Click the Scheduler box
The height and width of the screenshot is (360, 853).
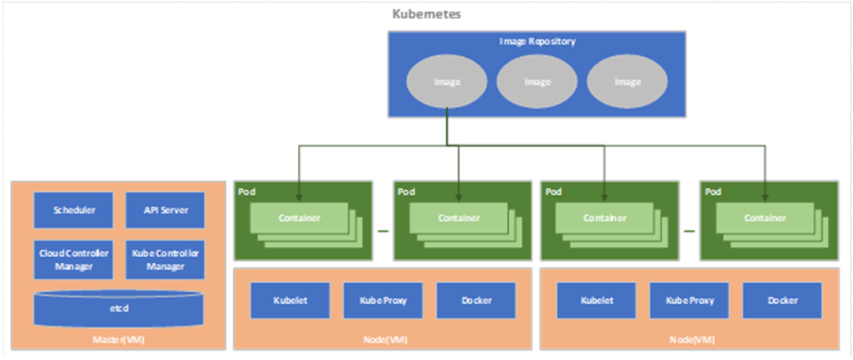[73, 210]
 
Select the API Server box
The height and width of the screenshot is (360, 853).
[165, 210]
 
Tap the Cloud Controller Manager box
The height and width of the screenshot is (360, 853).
[73, 260]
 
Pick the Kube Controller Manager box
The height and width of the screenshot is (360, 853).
[165, 260]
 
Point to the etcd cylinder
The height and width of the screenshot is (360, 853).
[118, 308]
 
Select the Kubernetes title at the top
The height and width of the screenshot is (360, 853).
[427, 14]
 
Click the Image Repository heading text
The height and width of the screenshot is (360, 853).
[537, 40]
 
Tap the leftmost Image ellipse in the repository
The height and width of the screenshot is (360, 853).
[447, 82]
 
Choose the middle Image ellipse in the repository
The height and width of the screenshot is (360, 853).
[537, 82]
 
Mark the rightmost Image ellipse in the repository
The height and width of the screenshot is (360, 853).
[627, 82]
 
